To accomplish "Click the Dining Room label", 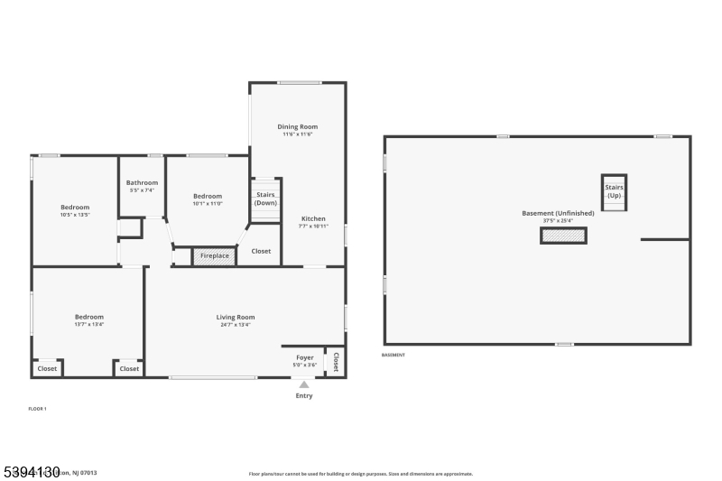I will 297,127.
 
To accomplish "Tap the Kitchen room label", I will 313,219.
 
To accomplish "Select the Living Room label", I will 235,317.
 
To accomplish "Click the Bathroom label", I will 142,183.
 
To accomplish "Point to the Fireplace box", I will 214,256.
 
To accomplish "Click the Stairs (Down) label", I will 265,199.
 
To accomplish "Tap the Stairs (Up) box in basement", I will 614,191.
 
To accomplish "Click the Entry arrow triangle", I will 304,384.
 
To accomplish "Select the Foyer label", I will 305,357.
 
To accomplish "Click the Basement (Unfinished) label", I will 558,213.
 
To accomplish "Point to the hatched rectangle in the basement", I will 563,236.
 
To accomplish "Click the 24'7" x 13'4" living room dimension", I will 235,325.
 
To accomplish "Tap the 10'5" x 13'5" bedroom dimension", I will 75,215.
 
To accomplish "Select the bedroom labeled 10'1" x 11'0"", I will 208,197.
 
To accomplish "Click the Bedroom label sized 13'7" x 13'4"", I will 88,317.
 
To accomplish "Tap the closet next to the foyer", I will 336,361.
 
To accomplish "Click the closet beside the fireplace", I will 261,251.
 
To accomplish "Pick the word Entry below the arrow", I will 304,395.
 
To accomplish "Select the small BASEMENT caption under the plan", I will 393,355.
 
